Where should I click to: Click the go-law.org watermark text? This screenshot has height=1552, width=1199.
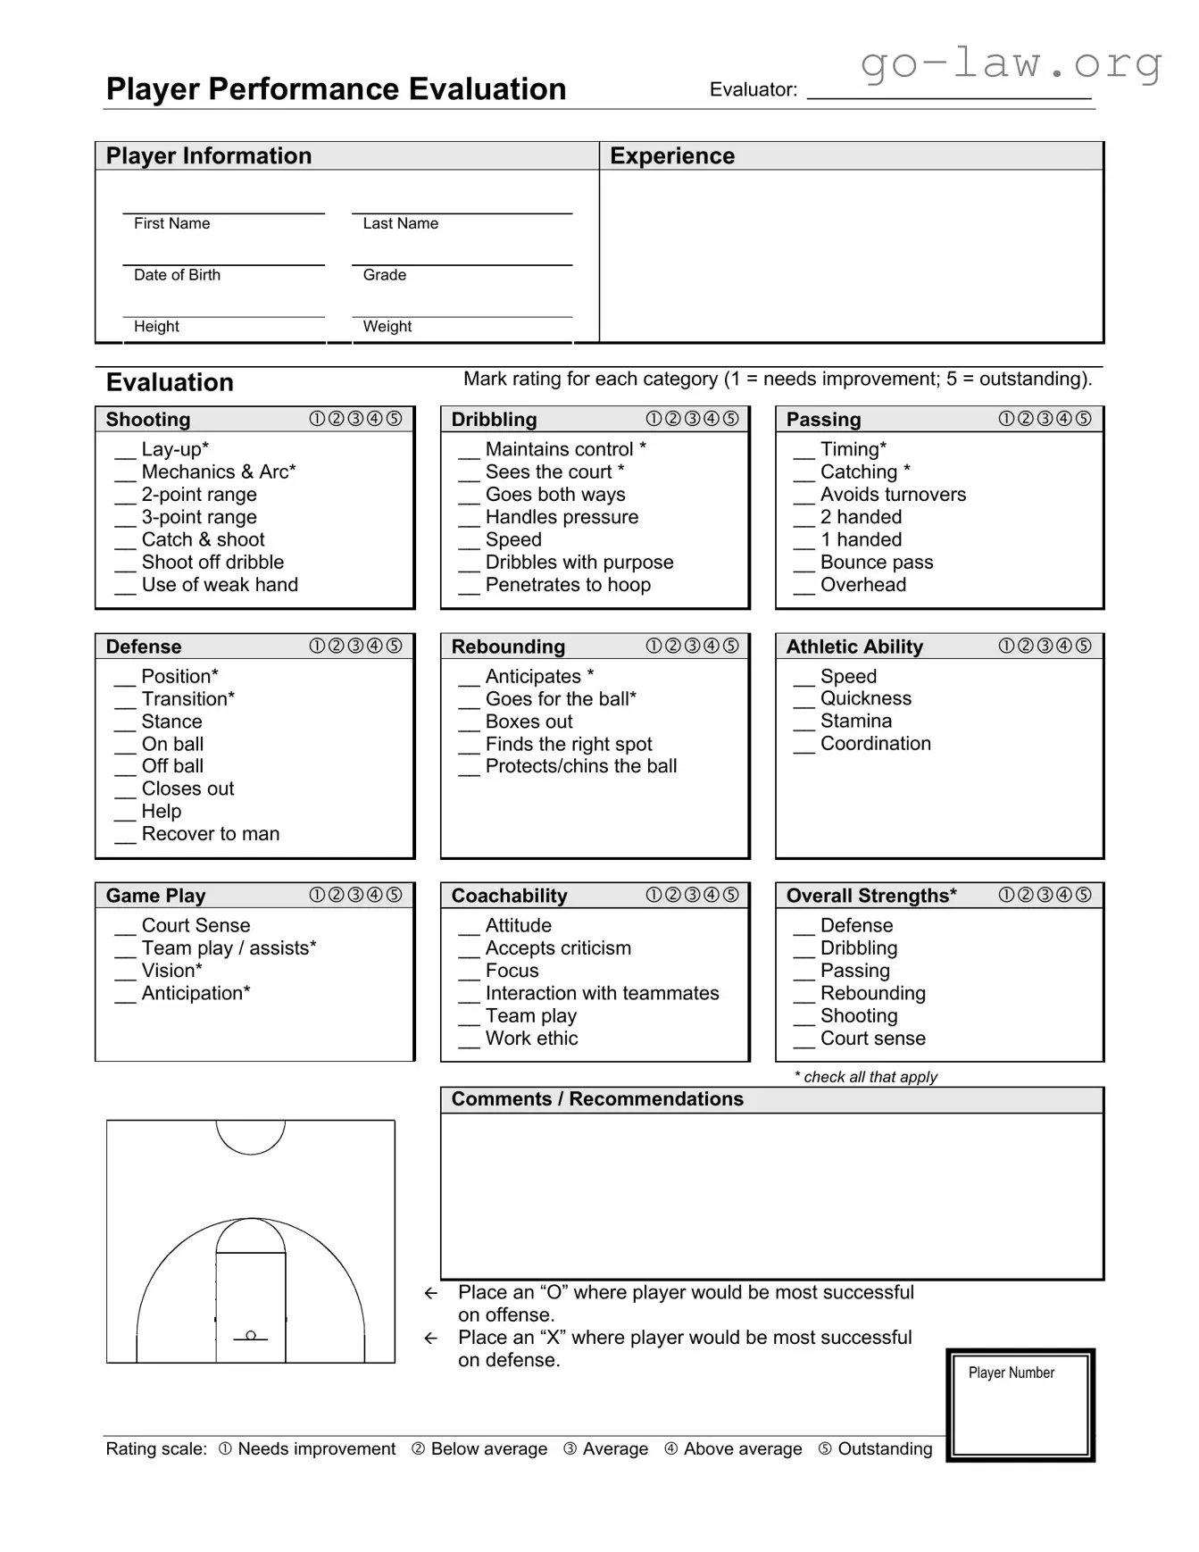click(x=1011, y=63)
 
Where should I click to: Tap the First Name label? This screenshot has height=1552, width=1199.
click(x=171, y=223)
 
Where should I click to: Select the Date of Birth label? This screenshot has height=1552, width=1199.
click(x=177, y=275)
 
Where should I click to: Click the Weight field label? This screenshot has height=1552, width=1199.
click(x=387, y=327)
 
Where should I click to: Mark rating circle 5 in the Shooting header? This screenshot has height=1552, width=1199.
click(x=394, y=419)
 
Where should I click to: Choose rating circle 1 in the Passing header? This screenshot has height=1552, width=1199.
click(x=1006, y=419)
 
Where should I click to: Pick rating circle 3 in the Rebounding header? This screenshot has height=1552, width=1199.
click(x=692, y=646)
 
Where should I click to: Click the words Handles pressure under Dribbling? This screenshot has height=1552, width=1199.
click(x=562, y=517)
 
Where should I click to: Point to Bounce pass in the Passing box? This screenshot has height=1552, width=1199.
click(x=876, y=563)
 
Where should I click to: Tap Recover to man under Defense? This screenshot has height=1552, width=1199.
click(x=210, y=834)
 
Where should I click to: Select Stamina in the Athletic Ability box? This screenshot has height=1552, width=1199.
click(x=855, y=721)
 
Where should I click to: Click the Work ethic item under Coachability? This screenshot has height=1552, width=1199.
click(x=531, y=1039)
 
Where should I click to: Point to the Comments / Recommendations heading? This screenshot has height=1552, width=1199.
click(x=596, y=1099)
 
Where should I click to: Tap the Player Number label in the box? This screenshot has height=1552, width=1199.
click(x=1011, y=1373)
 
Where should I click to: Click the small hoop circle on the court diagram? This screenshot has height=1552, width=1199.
click(x=251, y=1335)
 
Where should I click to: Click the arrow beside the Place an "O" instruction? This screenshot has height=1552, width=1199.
click(x=430, y=1293)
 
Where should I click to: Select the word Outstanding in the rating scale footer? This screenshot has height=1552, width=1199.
click(x=884, y=1448)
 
